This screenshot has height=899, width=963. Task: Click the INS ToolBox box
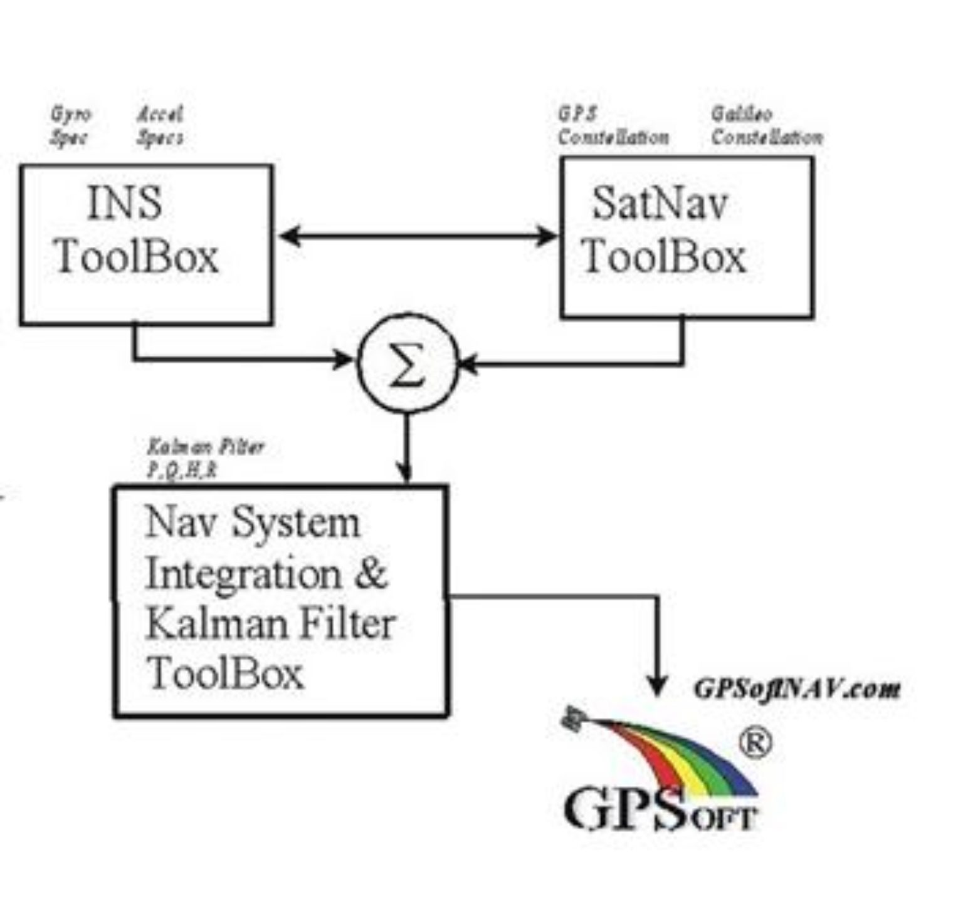pyautogui.click(x=145, y=244)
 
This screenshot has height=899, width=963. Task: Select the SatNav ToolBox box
pyautogui.click(x=687, y=237)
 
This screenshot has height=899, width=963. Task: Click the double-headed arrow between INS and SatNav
pyautogui.click(x=417, y=236)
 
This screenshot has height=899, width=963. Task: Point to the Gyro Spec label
pyautogui.click(x=70, y=126)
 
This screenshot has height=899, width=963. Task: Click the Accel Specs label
pyautogui.click(x=160, y=126)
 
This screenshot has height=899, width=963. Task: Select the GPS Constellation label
pyautogui.click(x=613, y=126)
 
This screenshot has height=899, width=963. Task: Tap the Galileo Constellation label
pyautogui.click(x=766, y=126)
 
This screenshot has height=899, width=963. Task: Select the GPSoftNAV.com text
pyautogui.click(x=796, y=689)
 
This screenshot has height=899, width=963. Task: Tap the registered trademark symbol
pyautogui.click(x=755, y=743)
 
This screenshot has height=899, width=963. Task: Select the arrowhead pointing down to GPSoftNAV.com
pyautogui.click(x=656, y=686)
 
